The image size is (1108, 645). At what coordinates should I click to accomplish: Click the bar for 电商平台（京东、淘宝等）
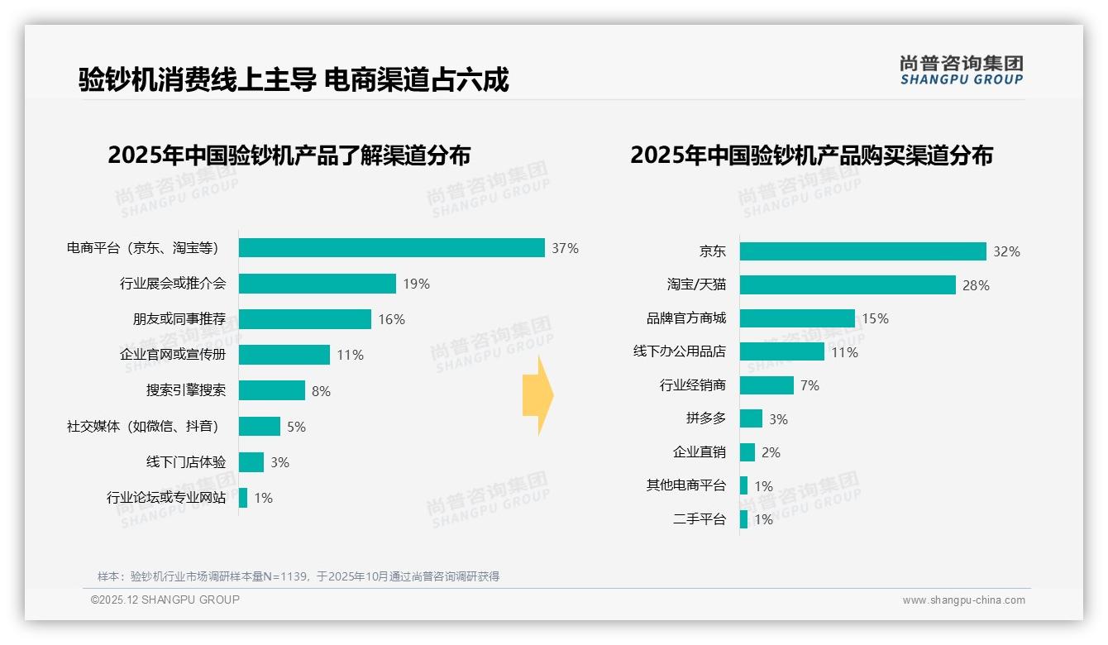tap(392, 248)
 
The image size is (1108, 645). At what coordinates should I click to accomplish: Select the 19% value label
tap(416, 284)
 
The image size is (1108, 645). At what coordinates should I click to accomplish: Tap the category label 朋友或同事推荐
tap(179, 319)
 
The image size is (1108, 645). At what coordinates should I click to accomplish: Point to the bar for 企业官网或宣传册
tap(284, 355)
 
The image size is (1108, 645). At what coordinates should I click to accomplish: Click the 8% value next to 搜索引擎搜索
tap(321, 391)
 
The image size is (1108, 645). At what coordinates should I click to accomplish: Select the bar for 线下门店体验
tap(251, 462)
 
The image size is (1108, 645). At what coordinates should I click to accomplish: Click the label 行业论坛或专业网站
tap(166, 498)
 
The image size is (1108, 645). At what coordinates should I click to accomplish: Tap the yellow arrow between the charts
tap(537, 395)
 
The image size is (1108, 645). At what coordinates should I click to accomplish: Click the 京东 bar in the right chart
tap(862, 251)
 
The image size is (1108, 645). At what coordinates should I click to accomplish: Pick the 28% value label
tap(976, 285)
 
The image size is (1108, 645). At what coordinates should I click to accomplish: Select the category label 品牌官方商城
tap(686, 318)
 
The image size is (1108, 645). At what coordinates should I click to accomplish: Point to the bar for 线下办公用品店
tap(781, 351)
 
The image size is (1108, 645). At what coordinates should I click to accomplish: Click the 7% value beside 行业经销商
tap(810, 385)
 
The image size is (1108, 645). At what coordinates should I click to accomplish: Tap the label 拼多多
tap(706, 418)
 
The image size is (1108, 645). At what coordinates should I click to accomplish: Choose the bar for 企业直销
tap(747, 452)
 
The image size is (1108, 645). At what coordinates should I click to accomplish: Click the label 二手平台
tap(700, 519)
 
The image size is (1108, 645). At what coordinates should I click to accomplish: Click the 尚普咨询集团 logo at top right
tap(961, 69)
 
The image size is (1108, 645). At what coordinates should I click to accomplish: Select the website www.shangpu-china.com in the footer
tap(963, 600)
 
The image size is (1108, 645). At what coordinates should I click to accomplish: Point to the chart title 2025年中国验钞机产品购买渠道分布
tap(811, 155)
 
